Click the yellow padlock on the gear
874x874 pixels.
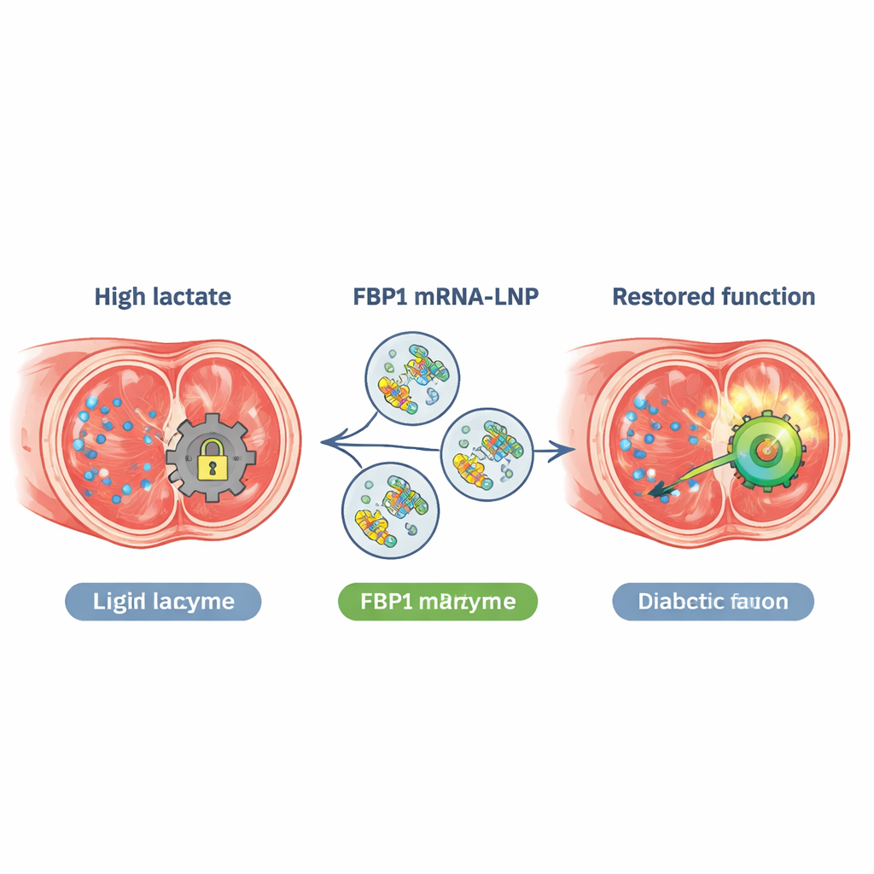click(x=211, y=460)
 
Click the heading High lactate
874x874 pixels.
click(x=162, y=297)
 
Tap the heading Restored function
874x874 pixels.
click(x=714, y=297)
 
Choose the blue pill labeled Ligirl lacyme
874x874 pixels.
click(x=163, y=602)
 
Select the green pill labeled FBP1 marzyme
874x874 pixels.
click(x=438, y=602)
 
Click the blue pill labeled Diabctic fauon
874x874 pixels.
click(x=714, y=602)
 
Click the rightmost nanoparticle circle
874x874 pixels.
click(x=487, y=452)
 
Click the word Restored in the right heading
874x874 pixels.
click(x=660, y=297)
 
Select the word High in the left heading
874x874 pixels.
click(x=119, y=297)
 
